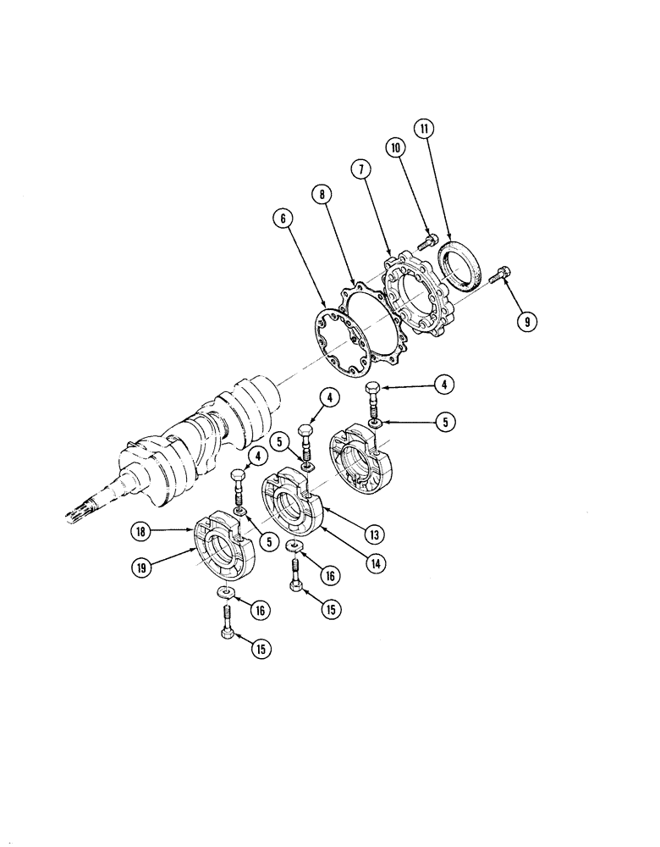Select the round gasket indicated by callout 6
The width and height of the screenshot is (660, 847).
(x=340, y=340)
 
